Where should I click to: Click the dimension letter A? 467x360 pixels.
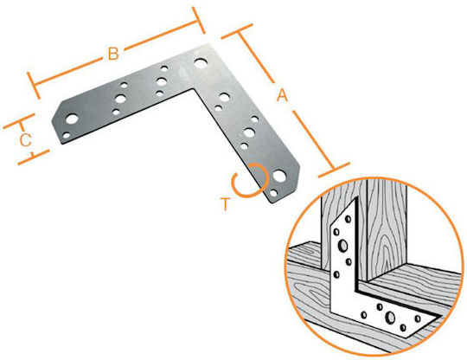282,96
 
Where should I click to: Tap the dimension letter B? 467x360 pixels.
113,54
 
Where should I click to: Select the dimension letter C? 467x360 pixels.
26,140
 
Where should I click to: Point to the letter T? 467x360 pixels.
226,204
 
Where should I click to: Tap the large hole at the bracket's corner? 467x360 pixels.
201,63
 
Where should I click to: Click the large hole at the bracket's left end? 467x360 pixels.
72,119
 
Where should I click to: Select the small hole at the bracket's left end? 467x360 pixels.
67,136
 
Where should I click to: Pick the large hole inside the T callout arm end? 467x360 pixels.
279,176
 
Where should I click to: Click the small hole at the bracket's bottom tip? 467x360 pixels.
273,193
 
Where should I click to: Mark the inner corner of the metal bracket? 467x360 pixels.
194,88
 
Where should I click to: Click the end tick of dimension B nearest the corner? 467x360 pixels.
198,20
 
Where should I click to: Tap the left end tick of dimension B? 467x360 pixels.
34,86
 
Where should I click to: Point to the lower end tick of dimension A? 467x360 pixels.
334,170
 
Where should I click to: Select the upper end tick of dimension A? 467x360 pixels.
237,31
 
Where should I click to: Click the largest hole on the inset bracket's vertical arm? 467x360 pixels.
342,245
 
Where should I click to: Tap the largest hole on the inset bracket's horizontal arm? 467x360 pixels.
389,318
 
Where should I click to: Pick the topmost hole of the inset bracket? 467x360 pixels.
348,219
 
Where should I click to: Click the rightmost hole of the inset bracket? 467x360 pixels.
418,318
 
